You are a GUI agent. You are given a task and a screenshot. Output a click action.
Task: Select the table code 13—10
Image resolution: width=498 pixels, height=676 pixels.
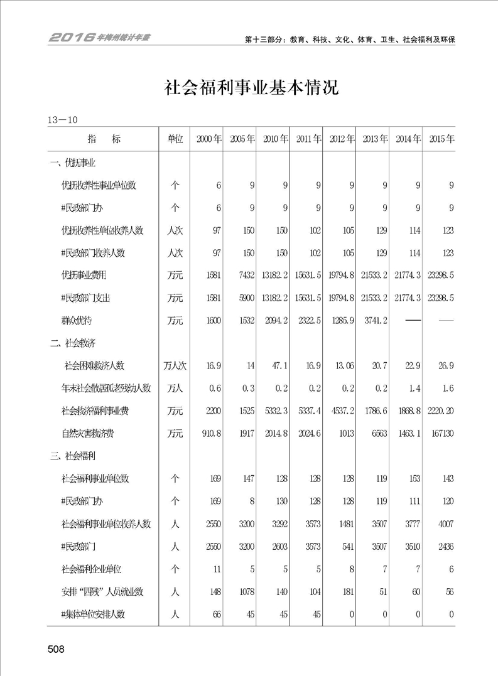[x=62, y=119]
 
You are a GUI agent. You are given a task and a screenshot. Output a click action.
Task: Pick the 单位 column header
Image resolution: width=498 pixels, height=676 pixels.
[x=175, y=139]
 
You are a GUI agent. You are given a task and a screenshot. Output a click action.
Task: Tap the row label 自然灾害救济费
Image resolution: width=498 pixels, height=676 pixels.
[x=90, y=433]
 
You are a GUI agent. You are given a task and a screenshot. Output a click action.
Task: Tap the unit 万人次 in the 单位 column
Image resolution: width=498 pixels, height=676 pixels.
[x=175, y=365]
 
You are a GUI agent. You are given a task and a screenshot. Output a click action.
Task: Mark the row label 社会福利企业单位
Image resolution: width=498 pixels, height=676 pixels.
[x=91, y=569]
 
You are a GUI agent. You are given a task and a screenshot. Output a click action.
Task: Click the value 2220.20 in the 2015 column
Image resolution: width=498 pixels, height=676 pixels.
[x=440, y=410]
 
